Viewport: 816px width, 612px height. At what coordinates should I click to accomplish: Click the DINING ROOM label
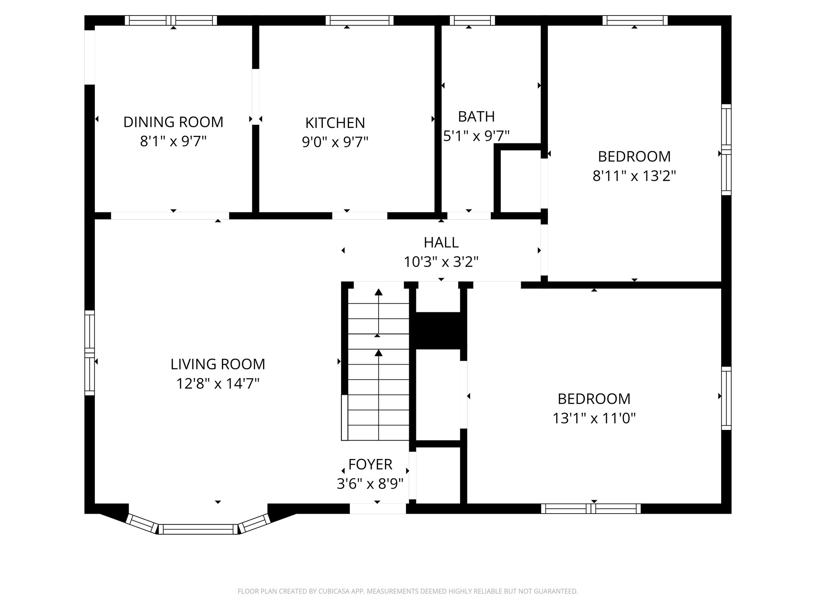pyautogui.click(x=173, y=122)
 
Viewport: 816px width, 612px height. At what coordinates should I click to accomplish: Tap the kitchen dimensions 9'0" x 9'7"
pyautogui.click(x=335, y=142)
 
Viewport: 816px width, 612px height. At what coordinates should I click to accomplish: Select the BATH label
pyautogui.click(x=476, y=117)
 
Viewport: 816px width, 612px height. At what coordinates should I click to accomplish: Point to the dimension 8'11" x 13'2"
pyautogui.click(x=634, y=176)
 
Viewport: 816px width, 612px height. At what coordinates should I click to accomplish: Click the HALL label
pyautogui.click(x=441, y=242)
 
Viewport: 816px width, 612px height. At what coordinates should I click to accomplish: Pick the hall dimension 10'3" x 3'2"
pyautogui.click(x=441, y=262)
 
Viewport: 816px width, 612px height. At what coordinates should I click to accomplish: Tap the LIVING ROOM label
pyautogui.click(x=218, y=364)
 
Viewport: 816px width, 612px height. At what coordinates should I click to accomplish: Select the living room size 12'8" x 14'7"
pyautogui.click(x=218, y=384)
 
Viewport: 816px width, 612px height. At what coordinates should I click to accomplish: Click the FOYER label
pyautogui.click(x=370, y=465)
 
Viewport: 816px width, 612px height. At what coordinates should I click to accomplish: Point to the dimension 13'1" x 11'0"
pyautogui.click(x=594, y=418)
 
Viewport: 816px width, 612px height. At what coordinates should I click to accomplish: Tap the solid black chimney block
pyautogui.click(x=438, y=330)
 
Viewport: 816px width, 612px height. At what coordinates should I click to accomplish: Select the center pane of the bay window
pyautogui.click(x=198, y=529)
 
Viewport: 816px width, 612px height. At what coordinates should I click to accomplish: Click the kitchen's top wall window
pyautogui.click(x=359, y=20)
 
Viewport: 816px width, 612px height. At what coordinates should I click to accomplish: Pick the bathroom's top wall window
pyautogui.click(x=472, y=20)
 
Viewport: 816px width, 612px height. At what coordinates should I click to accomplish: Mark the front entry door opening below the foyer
pyautogui.click(x=378, y=508)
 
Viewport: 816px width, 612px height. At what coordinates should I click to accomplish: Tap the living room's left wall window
pyautogui.click(x=90, y=353)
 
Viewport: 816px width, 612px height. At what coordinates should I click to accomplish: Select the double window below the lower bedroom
pyautogui.click(x=591, y=508)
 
